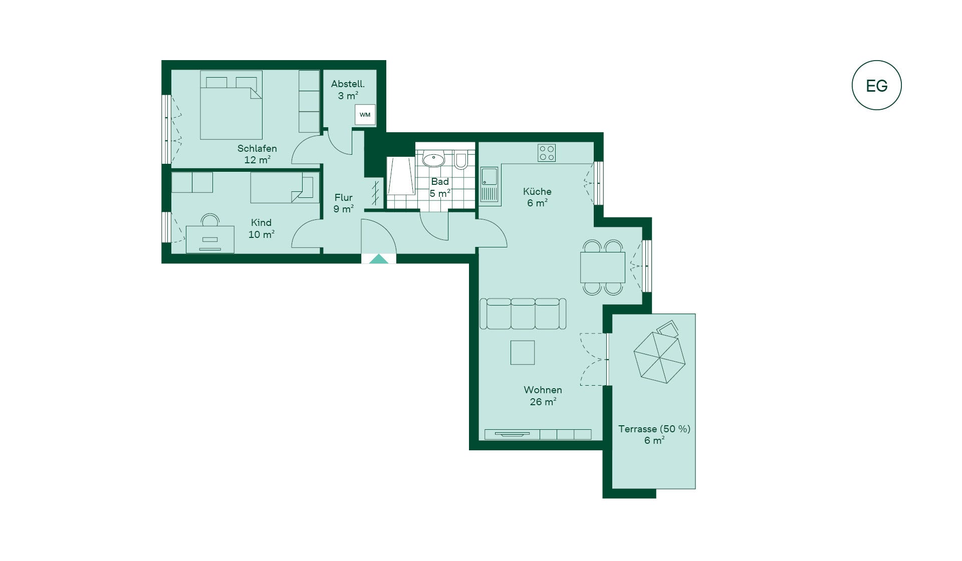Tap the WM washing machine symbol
pyautogui.click(x=365, y=115)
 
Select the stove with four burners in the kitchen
pyautogui.click(x=547, y=153)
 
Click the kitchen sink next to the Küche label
pyautogui.click(x=490, y=185)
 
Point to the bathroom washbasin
pyautogui.click(x=433, y=160)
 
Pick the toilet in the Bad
pyautogui.click(x=461, y=160)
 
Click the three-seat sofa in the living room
pyautogui.click(x=523, y=314)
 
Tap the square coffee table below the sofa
pyautogui.click(x=523, y=353)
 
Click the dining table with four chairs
pyautogui.click(x=603, y=267)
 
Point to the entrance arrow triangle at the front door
pyautogui.click(x=379, y=259)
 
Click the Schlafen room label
pyautogui.click(x=257, y=148)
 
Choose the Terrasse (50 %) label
pyautogui.click(x=654, y=429)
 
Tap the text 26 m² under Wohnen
pyautogui.click(x=543, y=402)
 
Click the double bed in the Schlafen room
pyautogui.click(x=231, y=105)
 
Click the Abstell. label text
pyautogui.click(x=348, y=84)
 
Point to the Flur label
pyautogui.click(x=344, y=197)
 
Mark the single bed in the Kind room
pyautogui.click(x=285, y=187)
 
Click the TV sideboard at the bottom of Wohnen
pyautogui.click(x=538, y=434)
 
